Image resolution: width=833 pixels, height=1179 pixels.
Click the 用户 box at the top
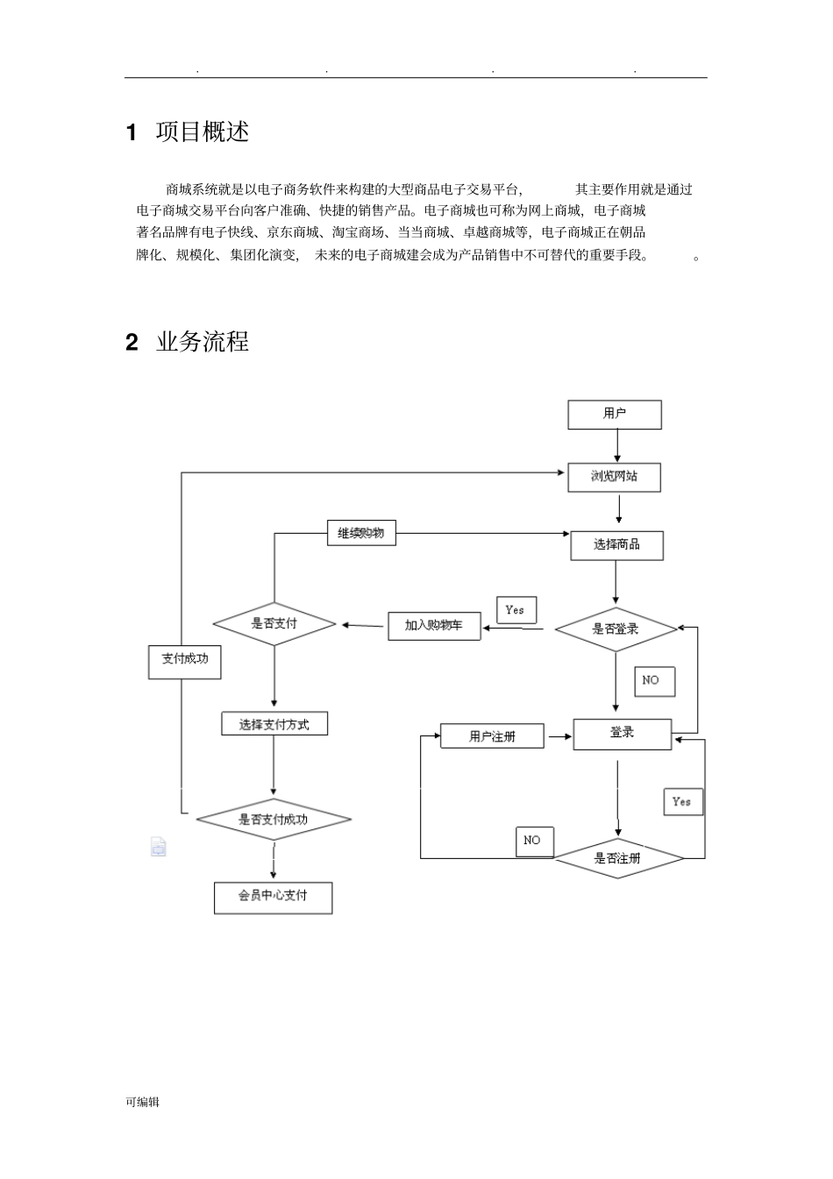[x=614, y=415]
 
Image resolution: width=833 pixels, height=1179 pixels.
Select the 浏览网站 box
[x=614, y=477]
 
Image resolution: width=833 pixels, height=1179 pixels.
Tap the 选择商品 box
[x=616, y=545]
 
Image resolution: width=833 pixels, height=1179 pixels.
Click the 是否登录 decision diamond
[x=616, y=629]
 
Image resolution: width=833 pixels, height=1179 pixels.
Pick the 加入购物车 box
[x=434, y=626]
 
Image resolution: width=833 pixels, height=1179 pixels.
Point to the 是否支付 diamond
[x=274, y=624]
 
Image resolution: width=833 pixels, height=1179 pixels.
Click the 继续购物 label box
[x=361, y=533]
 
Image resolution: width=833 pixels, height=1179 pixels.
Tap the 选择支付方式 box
[x=274, y=724]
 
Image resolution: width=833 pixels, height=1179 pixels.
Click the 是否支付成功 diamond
[x=274, y=820]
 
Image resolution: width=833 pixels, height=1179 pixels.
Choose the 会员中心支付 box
[x=273, y=897]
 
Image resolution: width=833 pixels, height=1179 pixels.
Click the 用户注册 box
[x=492, y=736]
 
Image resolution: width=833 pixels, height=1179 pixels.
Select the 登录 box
[x=622, y=734]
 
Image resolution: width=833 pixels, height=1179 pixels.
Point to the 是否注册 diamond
[x=618, y=858]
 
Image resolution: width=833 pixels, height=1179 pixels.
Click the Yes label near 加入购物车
[x=516, y=610]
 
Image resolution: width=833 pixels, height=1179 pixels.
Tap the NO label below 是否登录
[x=653, y=680]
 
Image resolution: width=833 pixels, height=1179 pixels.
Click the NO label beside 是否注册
[x=533, y=841]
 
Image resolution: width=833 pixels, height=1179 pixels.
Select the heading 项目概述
[x=202, y=132]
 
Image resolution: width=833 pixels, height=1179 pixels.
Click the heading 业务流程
[x=202, y=342]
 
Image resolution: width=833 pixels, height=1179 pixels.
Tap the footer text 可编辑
[x=142, y=1102]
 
